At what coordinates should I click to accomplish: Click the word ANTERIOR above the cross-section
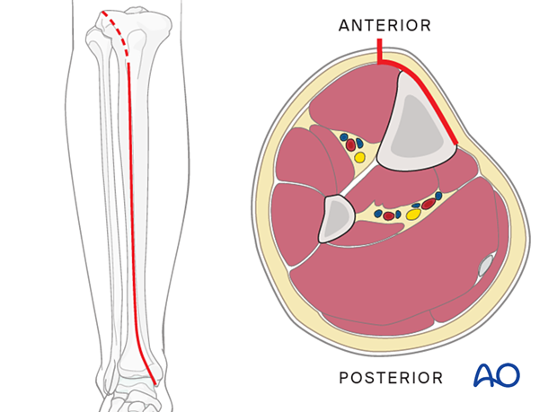(x=385, y=25)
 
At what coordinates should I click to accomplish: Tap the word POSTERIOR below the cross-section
(x=391, y=378)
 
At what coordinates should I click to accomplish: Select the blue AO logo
(x=497, y=375)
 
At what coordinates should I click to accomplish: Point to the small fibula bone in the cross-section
(x=335, y=219)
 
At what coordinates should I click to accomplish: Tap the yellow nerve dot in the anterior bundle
(x=360, y=157)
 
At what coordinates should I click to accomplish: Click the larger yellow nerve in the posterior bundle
(x=413, y=215)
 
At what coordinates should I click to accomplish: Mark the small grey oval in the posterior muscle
(x=485, y=265)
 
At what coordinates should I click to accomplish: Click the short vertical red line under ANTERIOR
(x=379, y=50)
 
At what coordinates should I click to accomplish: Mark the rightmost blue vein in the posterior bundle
(x=438, y=195)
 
